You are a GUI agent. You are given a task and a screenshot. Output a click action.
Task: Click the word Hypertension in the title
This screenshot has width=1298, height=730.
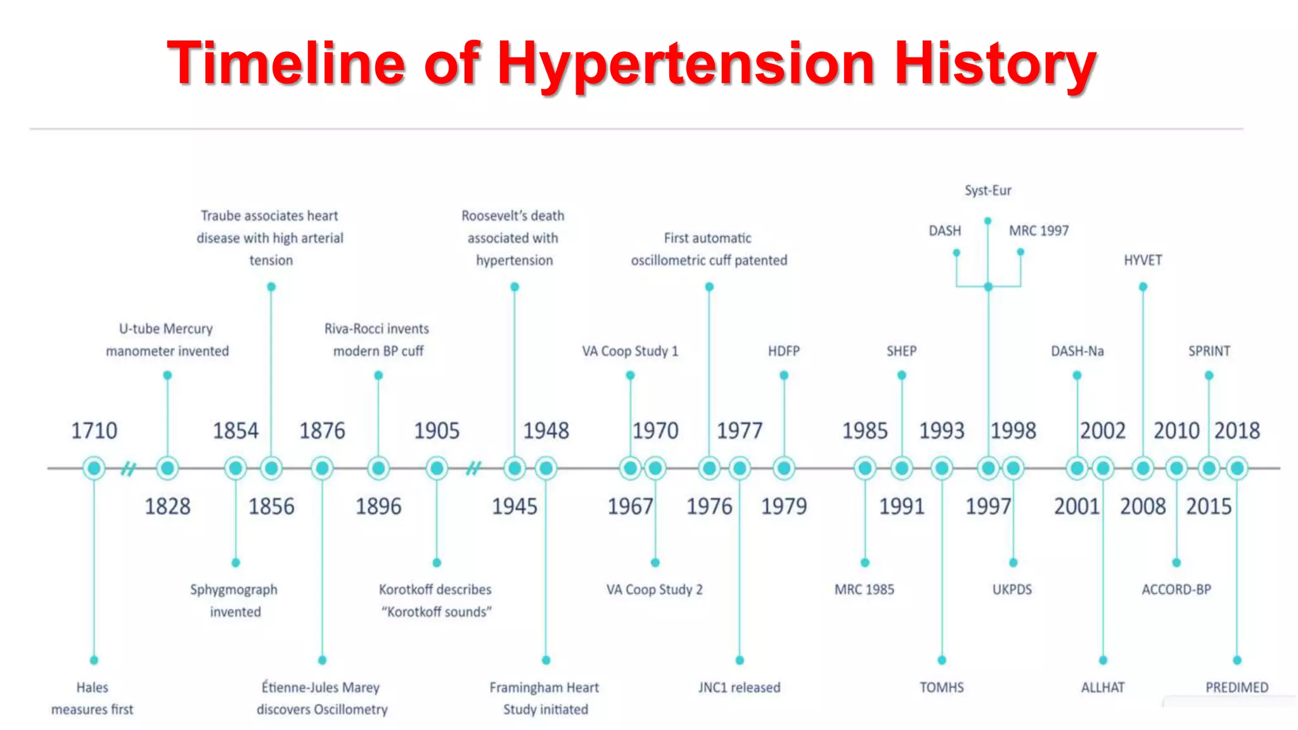(686, 64)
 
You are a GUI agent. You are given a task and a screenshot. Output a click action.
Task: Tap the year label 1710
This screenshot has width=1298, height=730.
(94, 431)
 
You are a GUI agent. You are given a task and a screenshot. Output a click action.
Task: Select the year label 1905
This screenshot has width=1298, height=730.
(437, 431)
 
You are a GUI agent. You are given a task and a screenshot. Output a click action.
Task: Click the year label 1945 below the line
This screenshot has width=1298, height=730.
(515, 506)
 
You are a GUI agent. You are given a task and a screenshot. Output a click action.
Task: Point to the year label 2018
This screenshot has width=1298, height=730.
(1237, 431)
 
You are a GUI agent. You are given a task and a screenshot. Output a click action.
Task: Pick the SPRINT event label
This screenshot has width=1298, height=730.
(1209, 351)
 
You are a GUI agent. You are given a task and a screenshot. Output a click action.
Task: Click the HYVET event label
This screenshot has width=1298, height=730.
(1143, 260)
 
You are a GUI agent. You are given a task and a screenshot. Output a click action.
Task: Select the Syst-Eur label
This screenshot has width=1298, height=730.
(987, 191)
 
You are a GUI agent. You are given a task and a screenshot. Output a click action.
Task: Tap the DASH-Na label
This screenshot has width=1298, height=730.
(1077, 351)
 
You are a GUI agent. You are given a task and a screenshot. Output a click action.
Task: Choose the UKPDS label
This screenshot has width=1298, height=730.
(1012, 589)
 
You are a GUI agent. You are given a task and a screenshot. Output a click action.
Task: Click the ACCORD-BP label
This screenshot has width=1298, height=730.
(1176, 589)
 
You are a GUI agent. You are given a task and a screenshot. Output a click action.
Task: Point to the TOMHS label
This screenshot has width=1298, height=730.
(942, 688)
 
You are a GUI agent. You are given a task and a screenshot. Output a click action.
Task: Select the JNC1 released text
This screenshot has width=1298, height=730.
(739, 688)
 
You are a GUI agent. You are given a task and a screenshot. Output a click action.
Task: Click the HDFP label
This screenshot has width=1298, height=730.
(784, 351)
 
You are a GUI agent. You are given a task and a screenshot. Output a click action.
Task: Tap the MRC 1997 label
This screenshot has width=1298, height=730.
(1039, 231)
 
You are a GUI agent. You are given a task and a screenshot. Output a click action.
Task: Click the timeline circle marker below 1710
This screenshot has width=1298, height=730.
(94, 468)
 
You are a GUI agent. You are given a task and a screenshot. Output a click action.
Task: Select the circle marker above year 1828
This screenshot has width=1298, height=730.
(167, 468)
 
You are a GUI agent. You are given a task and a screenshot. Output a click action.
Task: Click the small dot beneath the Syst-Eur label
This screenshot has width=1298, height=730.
(987, 221)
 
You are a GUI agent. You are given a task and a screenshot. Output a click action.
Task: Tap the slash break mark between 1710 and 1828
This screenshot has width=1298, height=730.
(129, 469)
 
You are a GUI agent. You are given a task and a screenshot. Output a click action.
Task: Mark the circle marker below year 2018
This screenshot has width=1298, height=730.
(1237, 468)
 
